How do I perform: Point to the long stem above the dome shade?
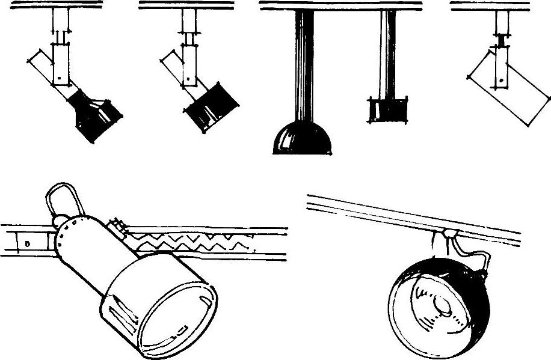pos(303,66)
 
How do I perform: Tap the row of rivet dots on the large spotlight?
pos(63,234)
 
